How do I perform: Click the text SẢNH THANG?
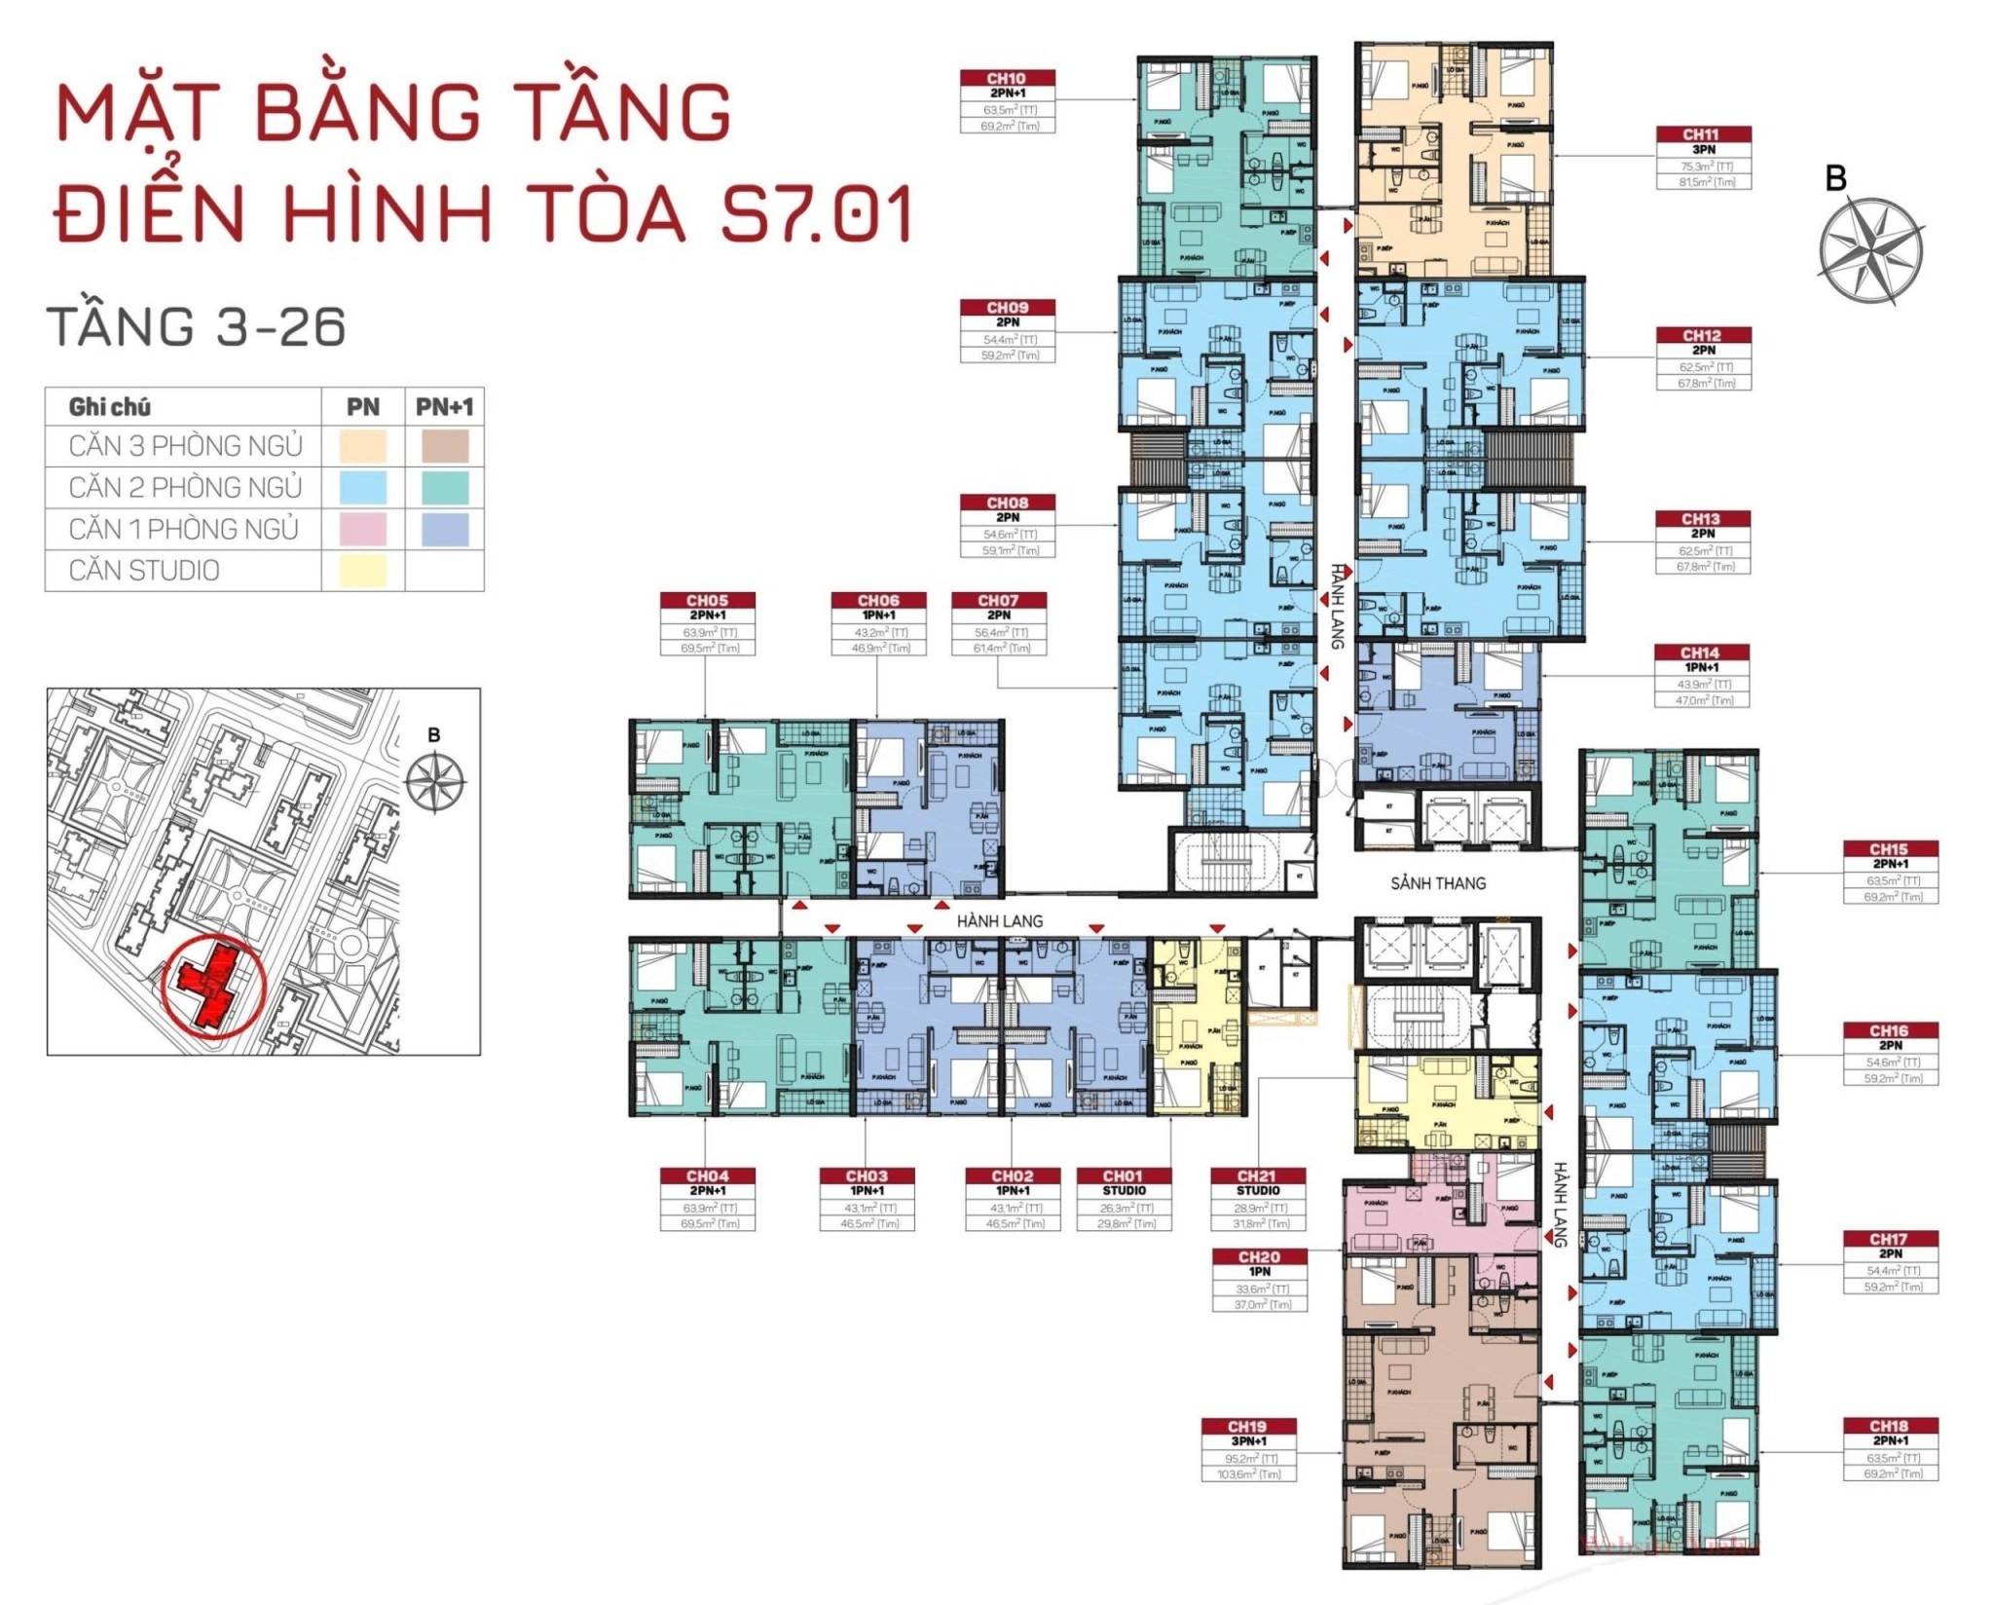(x=1438, y=883)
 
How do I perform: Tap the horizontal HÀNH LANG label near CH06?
(x=999, y=920)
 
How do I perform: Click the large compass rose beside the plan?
(x=1870, y=251)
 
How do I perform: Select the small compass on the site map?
(x=434, y=781)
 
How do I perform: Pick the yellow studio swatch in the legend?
(x=362, y=571)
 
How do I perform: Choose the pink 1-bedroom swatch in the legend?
(x=362, y=529)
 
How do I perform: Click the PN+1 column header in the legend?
(x=444, y=407)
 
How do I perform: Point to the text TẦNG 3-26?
(x=197, y=326)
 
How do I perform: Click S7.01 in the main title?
(x=816, y=213)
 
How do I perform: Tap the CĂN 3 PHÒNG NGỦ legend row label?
(x=185, y=446)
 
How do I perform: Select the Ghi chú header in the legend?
(x=110, y=407)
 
